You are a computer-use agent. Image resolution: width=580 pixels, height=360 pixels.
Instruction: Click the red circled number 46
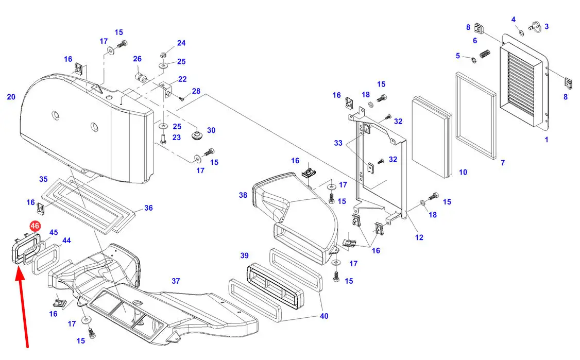coord(35,226)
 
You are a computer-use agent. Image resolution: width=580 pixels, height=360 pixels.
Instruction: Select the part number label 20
coord(11,97)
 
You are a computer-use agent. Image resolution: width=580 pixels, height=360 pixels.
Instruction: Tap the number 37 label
coord(176,281)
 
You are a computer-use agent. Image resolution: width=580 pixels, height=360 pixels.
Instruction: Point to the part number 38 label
coord(243,195)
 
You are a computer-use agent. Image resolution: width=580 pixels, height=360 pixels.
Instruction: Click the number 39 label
coord(244,256)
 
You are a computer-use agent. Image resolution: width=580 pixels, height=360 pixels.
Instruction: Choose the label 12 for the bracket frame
coord(419,237)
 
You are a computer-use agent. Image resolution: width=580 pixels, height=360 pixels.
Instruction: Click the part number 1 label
coord(547,140)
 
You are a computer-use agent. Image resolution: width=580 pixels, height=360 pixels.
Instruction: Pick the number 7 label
coord(503,163)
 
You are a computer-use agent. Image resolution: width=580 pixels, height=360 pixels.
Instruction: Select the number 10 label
coord(463,172)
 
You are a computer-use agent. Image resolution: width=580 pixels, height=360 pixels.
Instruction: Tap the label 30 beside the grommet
coord(211,130)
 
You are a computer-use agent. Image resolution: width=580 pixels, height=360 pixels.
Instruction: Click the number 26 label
coord(138,59)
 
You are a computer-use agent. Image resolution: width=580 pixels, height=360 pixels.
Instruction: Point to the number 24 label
coord(181,43)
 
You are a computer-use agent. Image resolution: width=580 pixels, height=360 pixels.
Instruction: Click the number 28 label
coord(196,91)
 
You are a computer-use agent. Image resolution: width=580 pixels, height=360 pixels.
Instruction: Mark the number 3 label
coord(547,26)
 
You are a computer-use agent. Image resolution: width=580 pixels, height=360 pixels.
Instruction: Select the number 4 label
coord(513,20)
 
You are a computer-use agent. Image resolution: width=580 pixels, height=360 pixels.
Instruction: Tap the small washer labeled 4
coord(521,33)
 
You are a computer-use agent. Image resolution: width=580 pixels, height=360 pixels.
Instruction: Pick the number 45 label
coord(54,232)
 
